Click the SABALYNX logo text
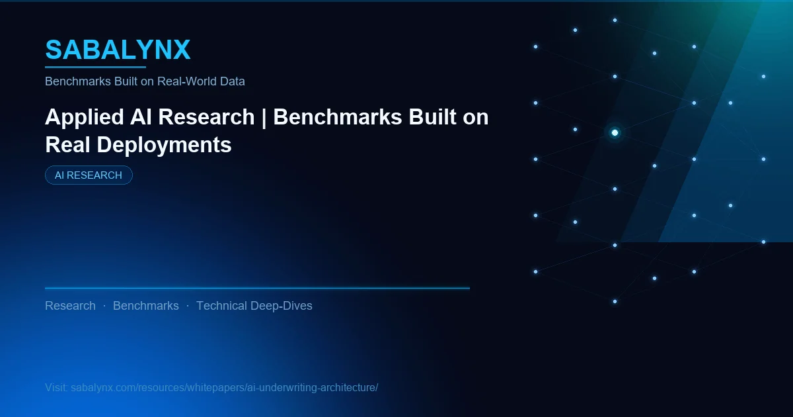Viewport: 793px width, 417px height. point(118,50)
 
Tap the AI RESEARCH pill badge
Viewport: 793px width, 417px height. point(89,175)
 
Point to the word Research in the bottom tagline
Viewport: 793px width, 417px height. point(70,306)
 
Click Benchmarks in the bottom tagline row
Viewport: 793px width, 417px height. point(145,306)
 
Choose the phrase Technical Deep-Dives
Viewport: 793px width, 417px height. point(254,306)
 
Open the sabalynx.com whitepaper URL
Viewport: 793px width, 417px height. point(224,387)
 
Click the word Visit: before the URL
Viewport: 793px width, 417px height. point(56,387)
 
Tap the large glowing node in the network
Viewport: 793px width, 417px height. point(615,133)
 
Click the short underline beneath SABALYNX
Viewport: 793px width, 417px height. point(95,67)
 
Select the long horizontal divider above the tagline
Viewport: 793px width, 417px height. point(257,289)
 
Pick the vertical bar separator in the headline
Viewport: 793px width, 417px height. point(264,117)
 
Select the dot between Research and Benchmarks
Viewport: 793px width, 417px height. point(104,306)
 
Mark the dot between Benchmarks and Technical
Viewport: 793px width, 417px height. point(188,306)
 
